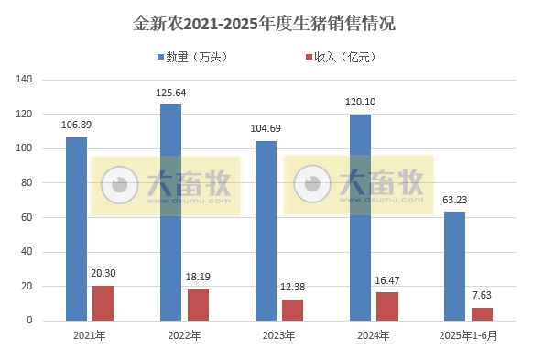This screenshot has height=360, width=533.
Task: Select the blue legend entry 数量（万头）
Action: point(191,57)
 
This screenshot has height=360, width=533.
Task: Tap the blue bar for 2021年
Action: point(77,229)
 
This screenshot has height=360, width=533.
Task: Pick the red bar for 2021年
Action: point(103,303)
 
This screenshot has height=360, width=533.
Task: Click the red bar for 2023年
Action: point(292,310)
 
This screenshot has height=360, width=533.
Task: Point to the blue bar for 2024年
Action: point(360,217)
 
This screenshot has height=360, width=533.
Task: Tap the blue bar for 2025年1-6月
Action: point(454,266)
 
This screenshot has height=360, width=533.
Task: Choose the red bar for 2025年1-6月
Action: point(482,314)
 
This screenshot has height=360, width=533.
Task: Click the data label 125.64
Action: point(171,93)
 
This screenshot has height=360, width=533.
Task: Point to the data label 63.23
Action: point(455,200)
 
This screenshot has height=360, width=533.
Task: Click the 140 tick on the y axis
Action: point(49,80)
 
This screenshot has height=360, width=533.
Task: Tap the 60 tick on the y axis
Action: point(52,217)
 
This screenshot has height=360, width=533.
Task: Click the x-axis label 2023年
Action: point(278,336)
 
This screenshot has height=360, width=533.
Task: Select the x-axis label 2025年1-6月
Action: point(468,336)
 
